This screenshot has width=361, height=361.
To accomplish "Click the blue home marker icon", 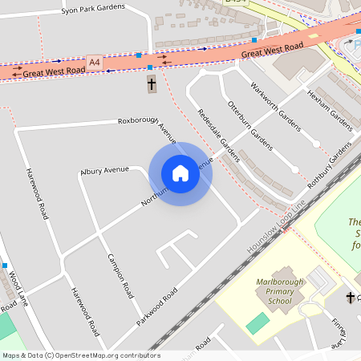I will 180,173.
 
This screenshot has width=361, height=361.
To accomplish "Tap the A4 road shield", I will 95,62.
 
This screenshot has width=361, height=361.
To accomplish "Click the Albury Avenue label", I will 104,170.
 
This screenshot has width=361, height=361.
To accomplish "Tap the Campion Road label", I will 120,277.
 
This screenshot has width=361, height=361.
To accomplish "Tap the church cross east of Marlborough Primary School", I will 350,298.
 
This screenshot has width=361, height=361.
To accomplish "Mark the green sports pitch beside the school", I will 258,324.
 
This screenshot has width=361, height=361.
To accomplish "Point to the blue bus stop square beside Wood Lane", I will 5,266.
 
